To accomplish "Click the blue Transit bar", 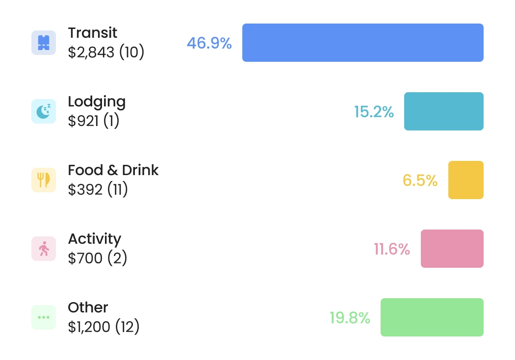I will (362, 43).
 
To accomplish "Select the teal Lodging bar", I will (443, 111).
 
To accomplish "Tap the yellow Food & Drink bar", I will (465, 180).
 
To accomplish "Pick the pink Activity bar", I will (452, 249).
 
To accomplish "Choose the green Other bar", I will (432, 317).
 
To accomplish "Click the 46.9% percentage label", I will (209, 43).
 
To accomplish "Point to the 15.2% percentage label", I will (374, 112).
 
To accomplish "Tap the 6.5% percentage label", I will (420, 180).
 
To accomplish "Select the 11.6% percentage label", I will (391, 249).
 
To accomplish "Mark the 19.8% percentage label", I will (349, 318).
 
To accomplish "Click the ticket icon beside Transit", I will (44, 43).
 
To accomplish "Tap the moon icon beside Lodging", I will (44, 111).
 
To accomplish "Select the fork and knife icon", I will (44, 180).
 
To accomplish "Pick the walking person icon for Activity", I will (44, 249).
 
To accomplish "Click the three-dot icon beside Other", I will (44, 317).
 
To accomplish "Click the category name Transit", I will (92, 33).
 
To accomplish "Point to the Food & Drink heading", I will (113, 170).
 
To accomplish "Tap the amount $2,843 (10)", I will (106, 52).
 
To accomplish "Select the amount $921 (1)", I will (93, 121).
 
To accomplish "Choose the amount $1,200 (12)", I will (103, 327).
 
